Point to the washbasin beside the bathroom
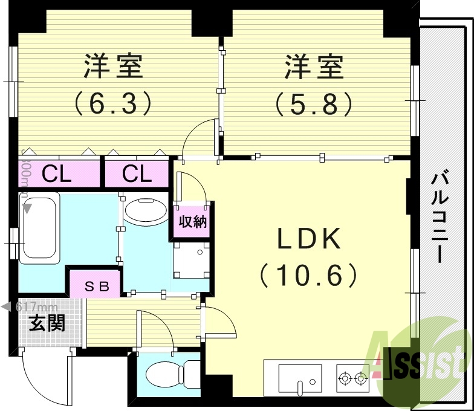[x=145, y=211]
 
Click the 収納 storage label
[x=192, y=222]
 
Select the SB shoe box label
[x=96, y=286]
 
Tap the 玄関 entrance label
[x=47, y=323]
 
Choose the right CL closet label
[x=137, y=175]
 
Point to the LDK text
[x=310, y=241]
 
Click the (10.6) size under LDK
[x=310, y=276]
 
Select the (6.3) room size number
[x=112, y=103]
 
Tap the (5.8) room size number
[x=314, y=103]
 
